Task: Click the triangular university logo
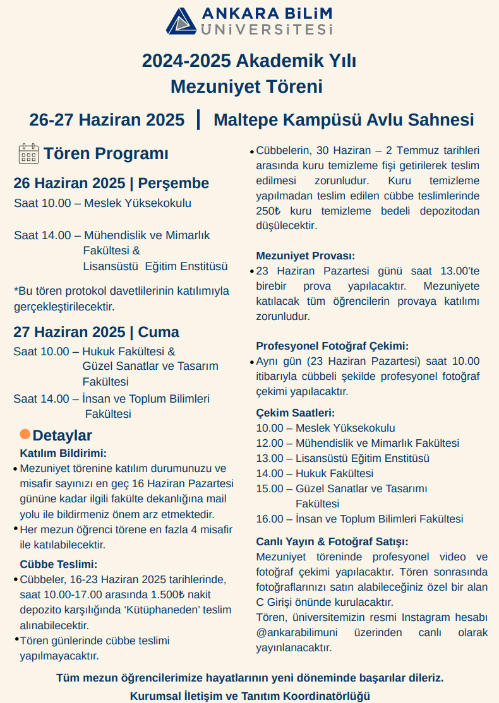(x=182, y=21)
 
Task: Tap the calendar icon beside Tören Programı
(x=29, y=153)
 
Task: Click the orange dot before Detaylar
(x=25, y=434)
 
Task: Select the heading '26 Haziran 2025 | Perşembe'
(x=111, y=184)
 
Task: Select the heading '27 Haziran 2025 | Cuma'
(x=96, y=332)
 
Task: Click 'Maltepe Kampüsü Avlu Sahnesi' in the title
(x=344, y=120)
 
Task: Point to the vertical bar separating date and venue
(x=199, y=119)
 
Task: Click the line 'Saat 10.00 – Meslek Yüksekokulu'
(x=102, y=203)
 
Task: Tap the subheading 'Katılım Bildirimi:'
(x=63, y=453)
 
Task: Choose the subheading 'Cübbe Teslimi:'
(x=59, y=564)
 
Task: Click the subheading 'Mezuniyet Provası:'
(x=305, y=256)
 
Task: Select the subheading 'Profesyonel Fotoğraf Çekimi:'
(x=332, y=346)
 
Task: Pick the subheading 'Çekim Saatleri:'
(x=295, y=413)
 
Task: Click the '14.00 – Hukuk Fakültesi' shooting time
(x=315, y=473)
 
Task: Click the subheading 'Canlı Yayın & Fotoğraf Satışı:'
(x=332, y=541)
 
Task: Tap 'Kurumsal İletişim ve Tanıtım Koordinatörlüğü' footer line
(x=249, y=696)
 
